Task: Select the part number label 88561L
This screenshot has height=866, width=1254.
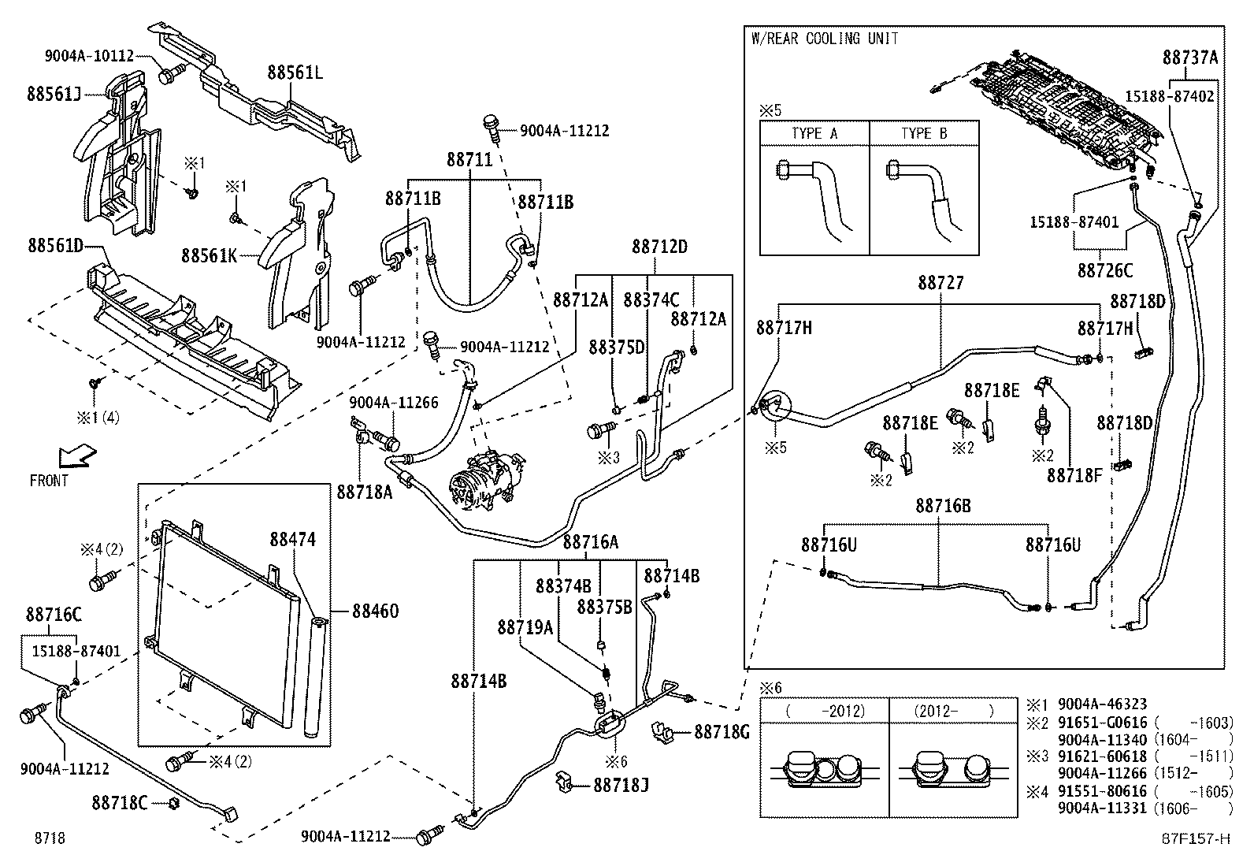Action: point(295,72)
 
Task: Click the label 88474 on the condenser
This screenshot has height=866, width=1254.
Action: point(292,540)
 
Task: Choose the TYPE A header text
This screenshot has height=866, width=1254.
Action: point(814,133)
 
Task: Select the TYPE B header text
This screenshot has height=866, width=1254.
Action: point(924,133)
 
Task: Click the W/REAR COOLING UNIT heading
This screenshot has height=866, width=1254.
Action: point(824,39)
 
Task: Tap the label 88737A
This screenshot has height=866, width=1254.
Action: point(1190,58)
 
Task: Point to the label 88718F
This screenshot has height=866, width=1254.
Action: point(1074,475)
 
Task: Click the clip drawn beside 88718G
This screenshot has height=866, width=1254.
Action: point(665,732)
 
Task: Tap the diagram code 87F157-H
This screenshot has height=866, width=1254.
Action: point(1195,838)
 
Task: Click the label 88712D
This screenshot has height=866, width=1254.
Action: point(659,247)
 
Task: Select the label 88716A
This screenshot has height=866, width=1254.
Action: point(591,542)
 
